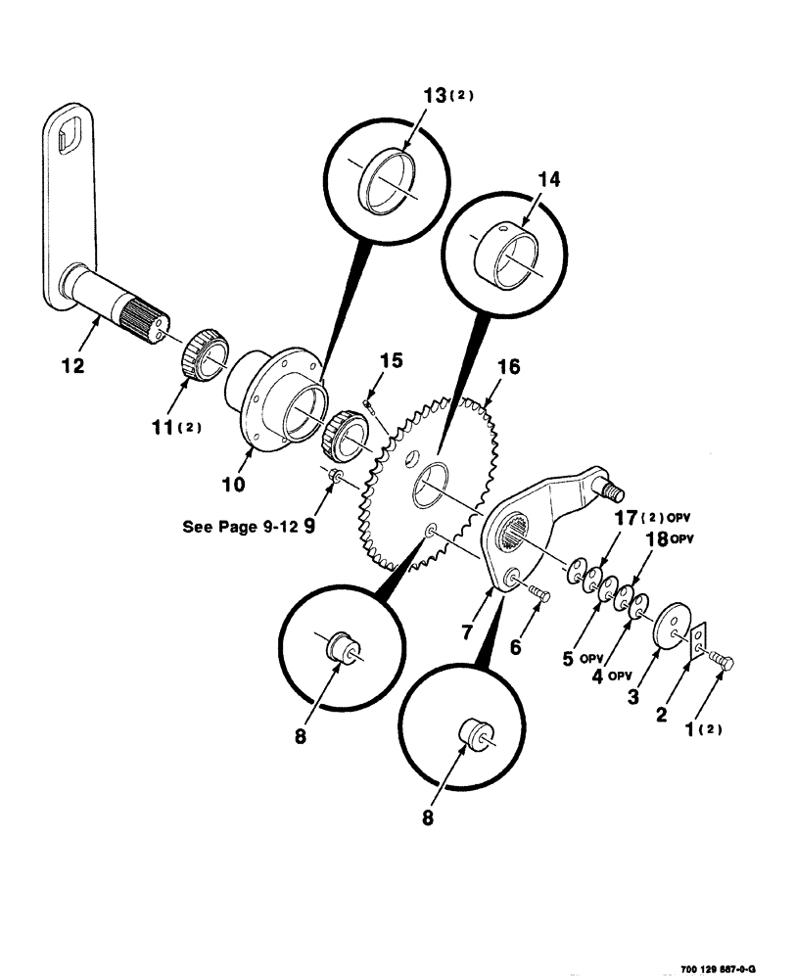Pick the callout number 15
pos(392,362)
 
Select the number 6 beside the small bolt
pos(543,648)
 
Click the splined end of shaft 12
pos(148,321)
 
